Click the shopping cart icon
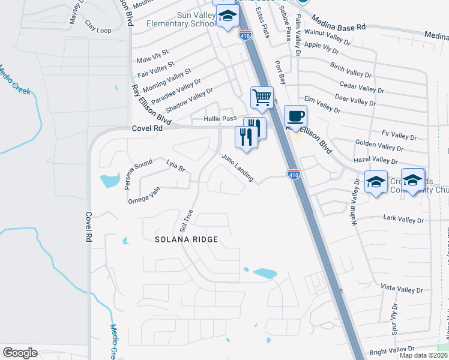tap(262, 97)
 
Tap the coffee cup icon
tap(295, 116)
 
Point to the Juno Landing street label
tap(237, 167)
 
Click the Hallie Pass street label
tap(220, 119)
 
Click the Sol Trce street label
tap(186, 221)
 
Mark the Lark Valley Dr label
tap(403, 220)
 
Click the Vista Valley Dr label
tap(402, 289)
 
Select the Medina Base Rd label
tap(338, 26)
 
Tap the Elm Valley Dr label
tap(322, 104)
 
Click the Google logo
tap(20, 353)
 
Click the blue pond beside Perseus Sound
tap(110, 179)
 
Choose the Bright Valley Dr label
tap(393, 349)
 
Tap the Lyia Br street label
tap(177, 166)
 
